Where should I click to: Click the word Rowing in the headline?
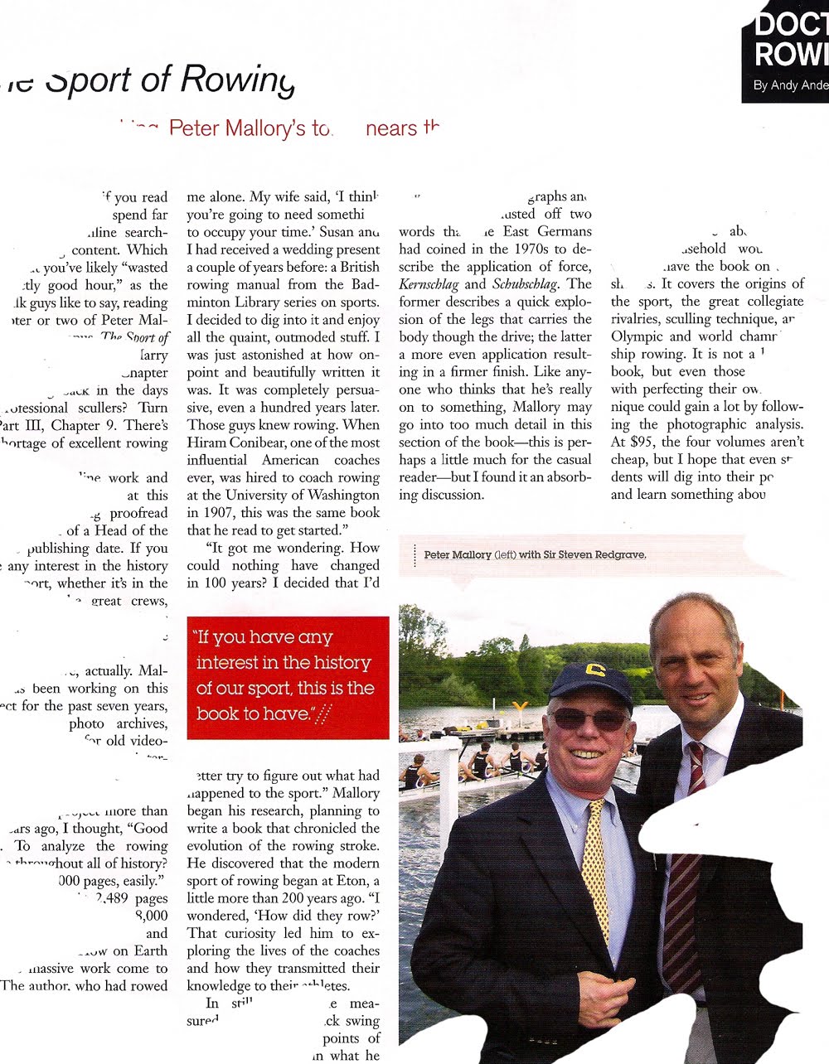click(237, 80)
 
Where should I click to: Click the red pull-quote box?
click(288, 677)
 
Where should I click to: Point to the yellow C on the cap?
click(594, 669)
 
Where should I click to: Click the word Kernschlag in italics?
click(429, 284)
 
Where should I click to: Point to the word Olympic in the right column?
click(638, 336)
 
